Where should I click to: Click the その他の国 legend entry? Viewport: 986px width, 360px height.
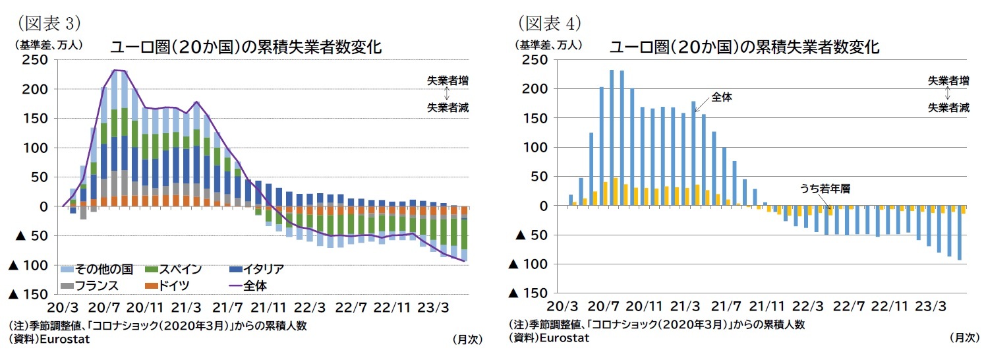point(103,269)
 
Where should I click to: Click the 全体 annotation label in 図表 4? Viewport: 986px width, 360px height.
point(722,96)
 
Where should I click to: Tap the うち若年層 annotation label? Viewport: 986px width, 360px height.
point(825,188)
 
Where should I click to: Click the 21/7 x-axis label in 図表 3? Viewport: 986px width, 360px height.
point(228,308)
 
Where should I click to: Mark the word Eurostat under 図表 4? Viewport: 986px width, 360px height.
point(564,339)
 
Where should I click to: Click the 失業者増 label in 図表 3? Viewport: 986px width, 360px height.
point(448,80)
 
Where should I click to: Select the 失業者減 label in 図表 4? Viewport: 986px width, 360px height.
point(949,107)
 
